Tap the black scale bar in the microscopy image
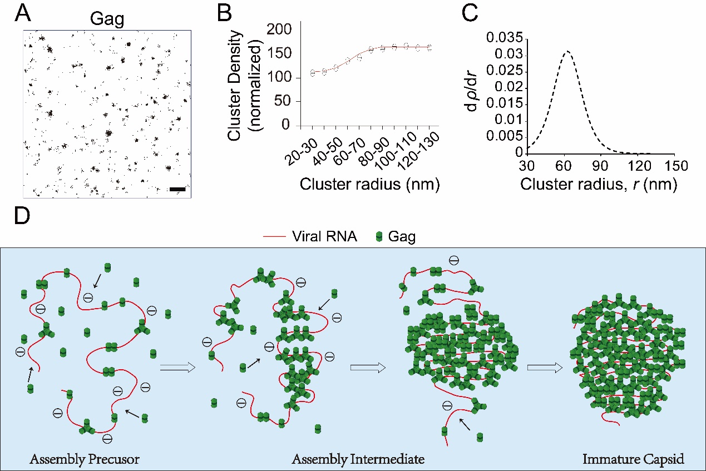(x=177, y=190)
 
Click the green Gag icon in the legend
(x=379, y=237)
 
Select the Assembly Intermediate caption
(x=359, y=459)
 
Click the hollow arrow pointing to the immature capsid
(x=543, y=367)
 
